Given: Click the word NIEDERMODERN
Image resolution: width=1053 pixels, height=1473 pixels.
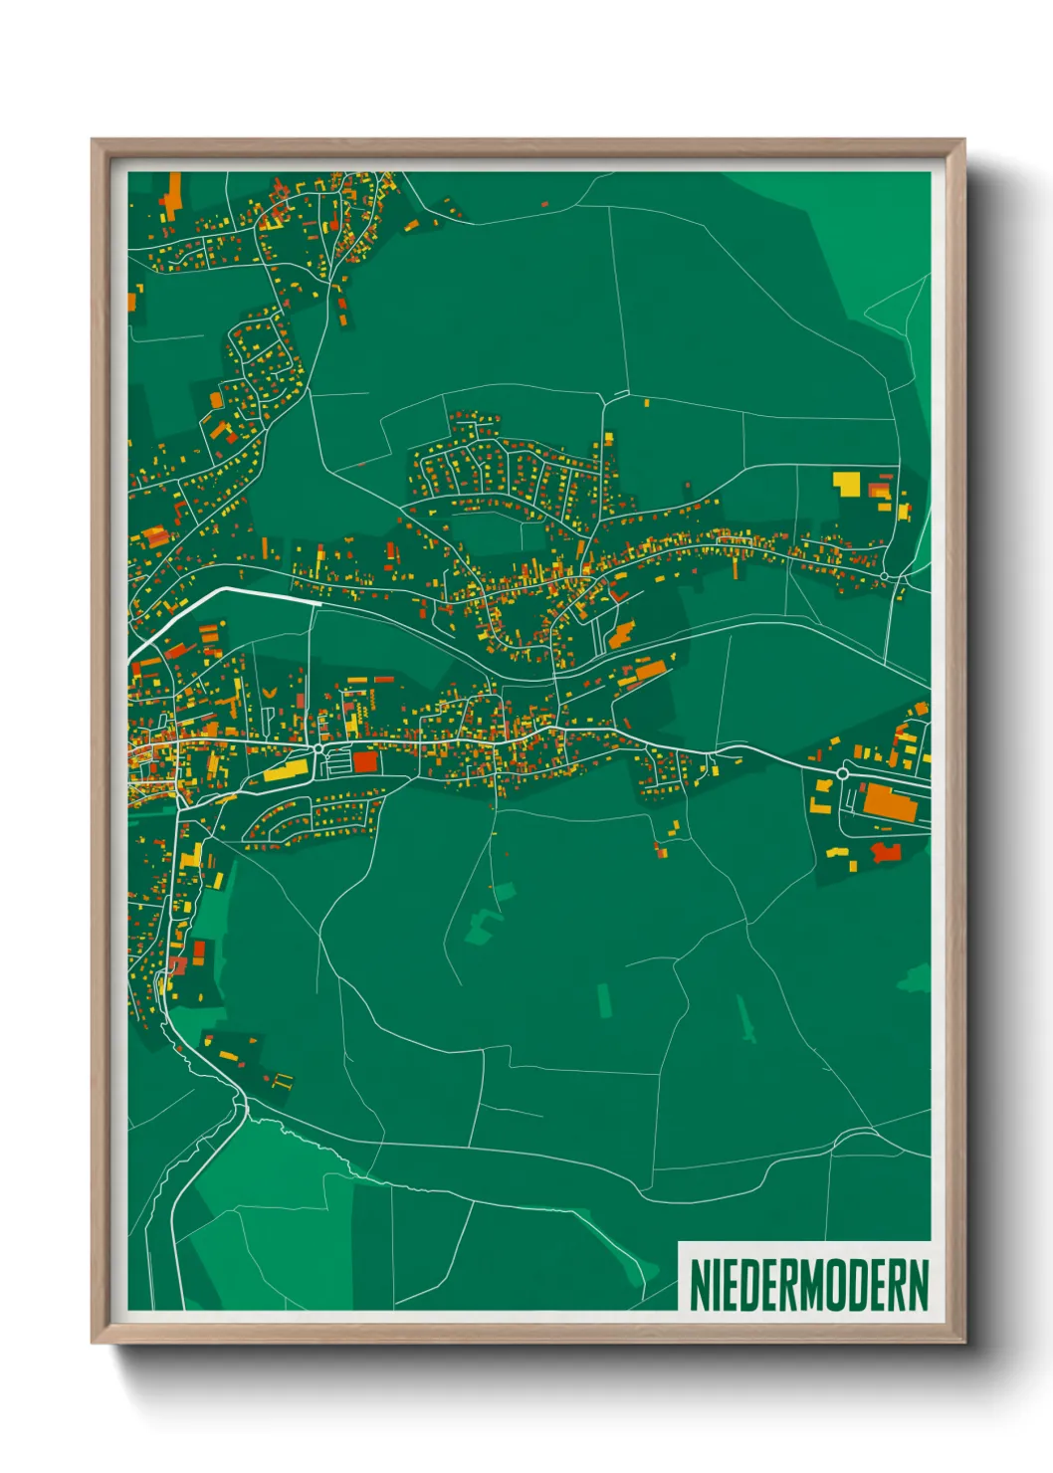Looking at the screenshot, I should pyautogui.click(x=808, y=1285).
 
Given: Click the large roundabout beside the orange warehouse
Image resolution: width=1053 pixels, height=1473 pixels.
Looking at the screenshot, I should pyautogui.click(x=843, y=773).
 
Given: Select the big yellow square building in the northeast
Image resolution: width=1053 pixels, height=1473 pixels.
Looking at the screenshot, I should pyautogui.click(x=846, y=484).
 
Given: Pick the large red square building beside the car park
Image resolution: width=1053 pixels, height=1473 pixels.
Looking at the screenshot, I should pyautogui.click(x=365, y=762).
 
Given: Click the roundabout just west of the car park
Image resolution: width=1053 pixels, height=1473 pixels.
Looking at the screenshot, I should pyautogui.click(x=317, y=747).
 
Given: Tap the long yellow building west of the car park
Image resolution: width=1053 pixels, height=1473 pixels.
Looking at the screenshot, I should pyautogui.click(x=287, y=769).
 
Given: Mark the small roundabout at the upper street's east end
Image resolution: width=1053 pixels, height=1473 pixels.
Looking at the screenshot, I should pyautogui.click(x=884, y=576).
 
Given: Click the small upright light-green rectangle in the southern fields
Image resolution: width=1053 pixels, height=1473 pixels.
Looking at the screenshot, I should pyautogui.click(x=603, y=1000).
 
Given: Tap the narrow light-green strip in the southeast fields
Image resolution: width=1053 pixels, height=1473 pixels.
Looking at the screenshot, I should pyautogui.click(x=744, y=1018).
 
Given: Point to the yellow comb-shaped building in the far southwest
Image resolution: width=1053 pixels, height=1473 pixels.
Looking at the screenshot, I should pyautogui.click(x=283, y=1080).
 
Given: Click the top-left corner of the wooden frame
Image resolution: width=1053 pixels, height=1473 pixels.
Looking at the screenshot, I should pyautogui.click(x=93, y=140).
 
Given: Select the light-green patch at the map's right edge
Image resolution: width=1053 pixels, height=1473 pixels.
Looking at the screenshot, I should pyautogui.click(x=914, y=978).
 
